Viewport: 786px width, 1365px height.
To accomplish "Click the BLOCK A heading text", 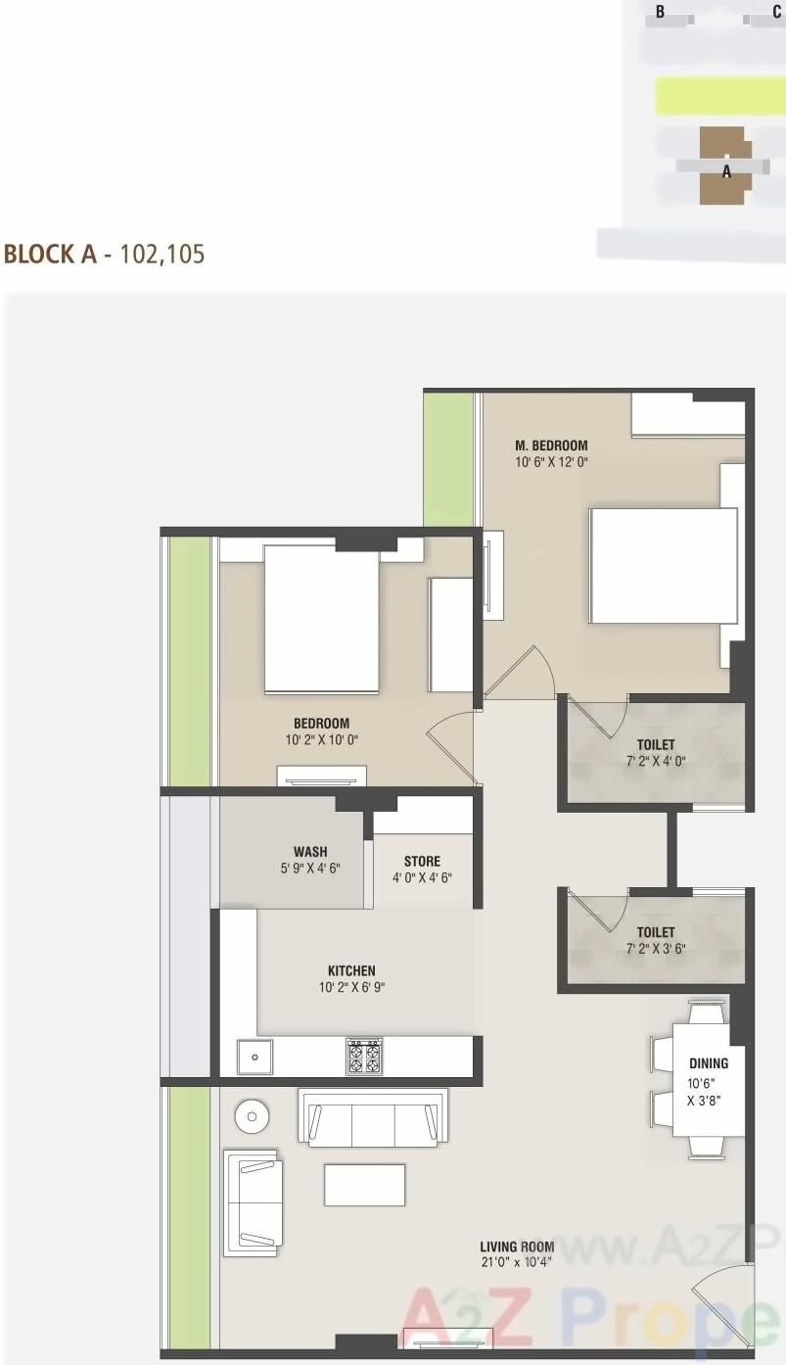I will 51,255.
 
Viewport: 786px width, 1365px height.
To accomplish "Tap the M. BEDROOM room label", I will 551,447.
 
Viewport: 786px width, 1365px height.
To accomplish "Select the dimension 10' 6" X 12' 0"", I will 552,461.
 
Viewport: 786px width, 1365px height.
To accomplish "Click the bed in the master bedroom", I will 663,565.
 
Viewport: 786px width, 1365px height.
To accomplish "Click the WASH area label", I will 310,851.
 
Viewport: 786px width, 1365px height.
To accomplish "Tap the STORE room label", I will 422,862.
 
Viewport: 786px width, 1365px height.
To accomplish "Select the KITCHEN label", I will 351,971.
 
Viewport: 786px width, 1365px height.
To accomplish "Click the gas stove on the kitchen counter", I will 364,1056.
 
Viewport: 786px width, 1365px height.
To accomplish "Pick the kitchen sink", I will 255,1057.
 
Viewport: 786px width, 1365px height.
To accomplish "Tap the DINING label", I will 709,1063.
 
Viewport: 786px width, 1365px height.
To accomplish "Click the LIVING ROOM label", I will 517,1247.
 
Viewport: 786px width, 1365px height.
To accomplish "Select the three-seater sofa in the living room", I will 372,1118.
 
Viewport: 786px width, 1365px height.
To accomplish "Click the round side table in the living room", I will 253,1116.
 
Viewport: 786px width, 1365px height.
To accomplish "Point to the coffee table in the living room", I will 364,1185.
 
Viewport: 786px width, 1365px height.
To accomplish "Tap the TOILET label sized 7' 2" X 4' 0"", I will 656,745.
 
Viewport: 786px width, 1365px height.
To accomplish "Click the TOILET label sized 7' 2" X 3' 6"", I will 656,933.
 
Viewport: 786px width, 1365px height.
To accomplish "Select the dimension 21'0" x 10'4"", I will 517,1261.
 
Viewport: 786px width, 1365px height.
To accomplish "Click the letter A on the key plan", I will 726,171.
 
